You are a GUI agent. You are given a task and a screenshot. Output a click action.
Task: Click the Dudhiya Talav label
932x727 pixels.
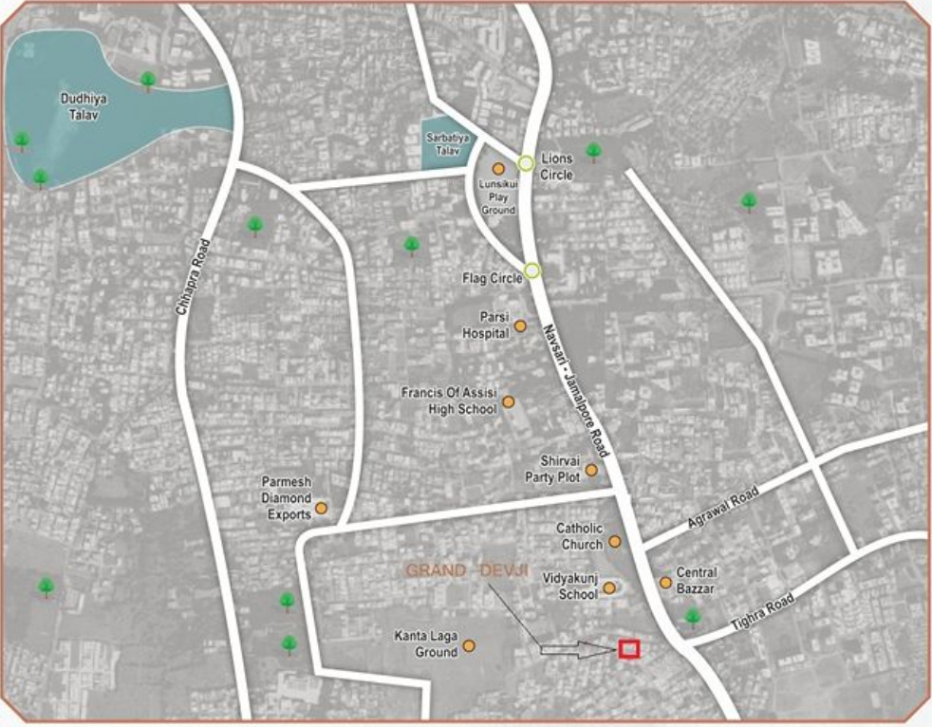pyautogui.click(x=80, y=104)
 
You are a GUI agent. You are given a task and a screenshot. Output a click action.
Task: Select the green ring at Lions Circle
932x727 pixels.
pyautogui.click(x=526, y=163)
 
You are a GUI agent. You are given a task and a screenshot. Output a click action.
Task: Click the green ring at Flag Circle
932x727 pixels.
pyautogui.click(x=532, y=271)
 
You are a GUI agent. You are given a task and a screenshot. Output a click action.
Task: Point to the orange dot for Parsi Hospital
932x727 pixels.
pyautogui.click(x=520, y=326)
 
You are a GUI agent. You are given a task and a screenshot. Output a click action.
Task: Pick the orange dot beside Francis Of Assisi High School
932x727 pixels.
pyautogui.click(x=508, y=401)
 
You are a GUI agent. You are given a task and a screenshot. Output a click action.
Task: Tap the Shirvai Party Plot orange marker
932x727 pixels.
pyautogui.click(x=591, y=470)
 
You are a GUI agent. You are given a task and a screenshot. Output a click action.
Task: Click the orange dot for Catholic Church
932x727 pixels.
pyautogui.click(x=614, y=542)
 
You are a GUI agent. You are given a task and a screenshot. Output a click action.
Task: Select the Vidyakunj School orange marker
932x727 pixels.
pyautogui.click(x=609, y=588)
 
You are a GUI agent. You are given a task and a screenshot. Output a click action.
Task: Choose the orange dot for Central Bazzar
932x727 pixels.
pyautogui.click(x=665, y=582)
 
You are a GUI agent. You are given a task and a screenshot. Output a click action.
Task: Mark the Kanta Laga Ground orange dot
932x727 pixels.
pyautogui.click(x=468, y=646)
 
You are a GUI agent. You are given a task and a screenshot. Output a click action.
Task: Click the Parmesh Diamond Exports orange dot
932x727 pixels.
pyautogui.click(x=321, y=508)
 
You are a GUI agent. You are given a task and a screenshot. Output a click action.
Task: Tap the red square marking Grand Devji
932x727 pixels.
pyautogui.click(x=628, y=649)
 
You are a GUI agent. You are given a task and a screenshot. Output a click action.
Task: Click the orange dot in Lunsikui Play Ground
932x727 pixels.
pyautogui.click(x=497, y=169)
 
